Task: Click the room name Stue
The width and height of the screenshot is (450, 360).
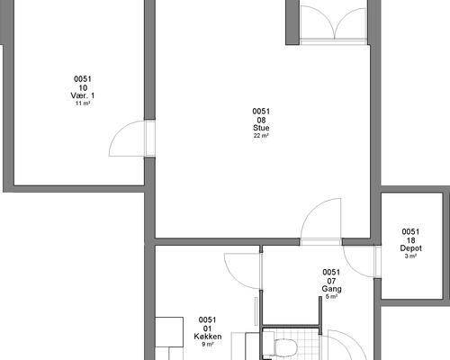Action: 261,128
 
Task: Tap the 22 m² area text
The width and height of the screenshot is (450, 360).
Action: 261,136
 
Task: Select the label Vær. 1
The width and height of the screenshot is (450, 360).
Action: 83,95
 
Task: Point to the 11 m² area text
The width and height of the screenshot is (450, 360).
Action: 83,103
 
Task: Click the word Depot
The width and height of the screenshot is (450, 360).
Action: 410,248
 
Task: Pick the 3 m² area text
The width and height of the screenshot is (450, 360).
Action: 410,256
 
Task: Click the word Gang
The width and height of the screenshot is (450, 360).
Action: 331,289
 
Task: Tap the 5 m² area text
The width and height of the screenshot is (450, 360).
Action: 331,297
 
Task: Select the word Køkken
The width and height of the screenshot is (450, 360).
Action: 208,337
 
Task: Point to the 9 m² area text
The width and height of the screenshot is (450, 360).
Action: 208,344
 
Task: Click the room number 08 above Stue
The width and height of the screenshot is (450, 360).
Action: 261,121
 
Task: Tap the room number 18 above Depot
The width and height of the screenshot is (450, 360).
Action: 410,240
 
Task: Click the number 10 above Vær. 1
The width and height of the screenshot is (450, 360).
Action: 83,88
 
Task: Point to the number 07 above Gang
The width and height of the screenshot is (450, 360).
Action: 331,281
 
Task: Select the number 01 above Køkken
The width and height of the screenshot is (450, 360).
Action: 207,328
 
